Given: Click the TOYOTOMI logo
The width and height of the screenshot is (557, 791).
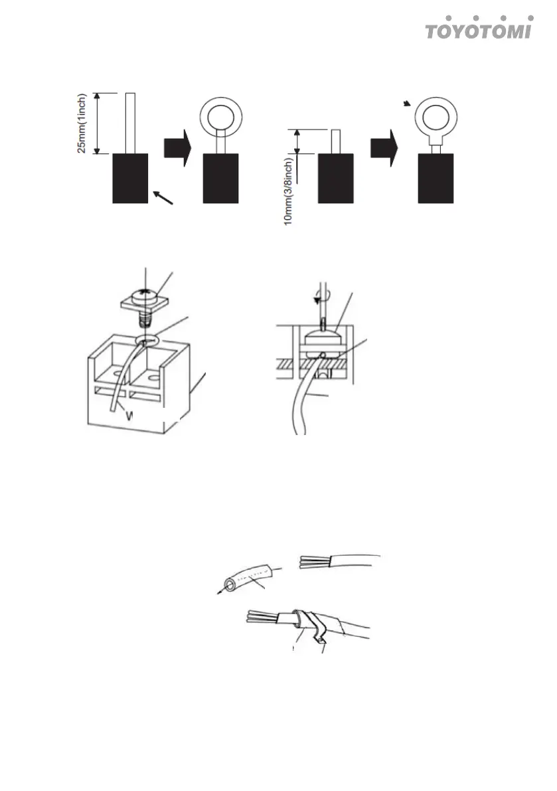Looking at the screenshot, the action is pos(477,30).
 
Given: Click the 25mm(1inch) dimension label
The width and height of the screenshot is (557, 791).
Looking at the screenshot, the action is pos(82,123).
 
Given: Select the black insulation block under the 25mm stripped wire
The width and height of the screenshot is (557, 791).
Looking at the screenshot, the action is pos(129,178).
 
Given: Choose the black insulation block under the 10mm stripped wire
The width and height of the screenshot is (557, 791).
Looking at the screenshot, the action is pos(336,178).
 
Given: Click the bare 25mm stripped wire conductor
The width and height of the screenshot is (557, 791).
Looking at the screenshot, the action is pos(130,124).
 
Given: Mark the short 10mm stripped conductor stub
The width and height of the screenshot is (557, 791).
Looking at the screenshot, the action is pos(336,141).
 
